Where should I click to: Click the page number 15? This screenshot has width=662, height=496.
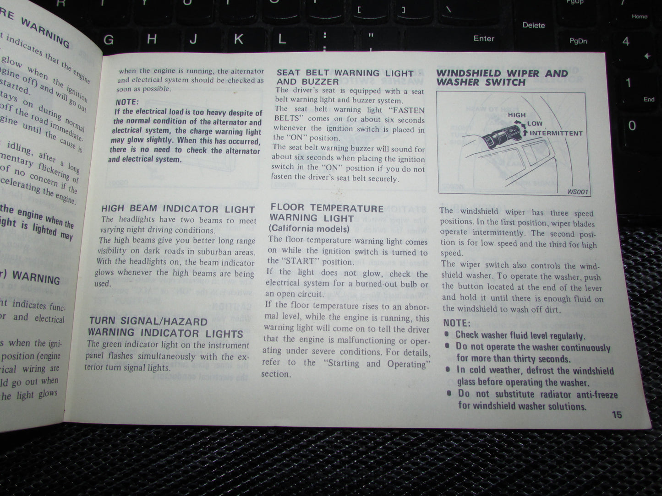pyautogui.click(x=617, y=415)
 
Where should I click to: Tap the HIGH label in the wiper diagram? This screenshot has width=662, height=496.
pyautogui.click(x=516, y=115)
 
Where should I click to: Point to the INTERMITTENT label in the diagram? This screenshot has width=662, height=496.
pyautogui.click(x=556, y=133)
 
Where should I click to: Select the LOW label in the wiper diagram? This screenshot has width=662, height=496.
pyautogui.click(x=534, y=124)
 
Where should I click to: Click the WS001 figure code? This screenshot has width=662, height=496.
pyautogui.click(x=577, y=192)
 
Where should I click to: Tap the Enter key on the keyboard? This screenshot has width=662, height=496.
pyautogui.click(x=484, y=38)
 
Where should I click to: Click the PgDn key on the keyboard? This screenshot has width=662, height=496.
pyautogui.click(x=578, y=41)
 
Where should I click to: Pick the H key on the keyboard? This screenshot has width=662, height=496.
pyautogui.click(x=152, y=39)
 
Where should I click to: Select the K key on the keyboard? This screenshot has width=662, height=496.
pyautogui.click(x=238, y=39)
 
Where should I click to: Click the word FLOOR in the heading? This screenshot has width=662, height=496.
pyautogui.click(x=288, y=208)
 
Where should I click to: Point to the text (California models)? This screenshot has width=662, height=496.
pyautogui.click(x=309, y=228)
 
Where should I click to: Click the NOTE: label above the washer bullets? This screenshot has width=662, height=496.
pyautogui.click(x=457, y=323)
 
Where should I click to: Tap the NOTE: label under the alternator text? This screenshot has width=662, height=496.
pyautogui.click(x=127, y=102)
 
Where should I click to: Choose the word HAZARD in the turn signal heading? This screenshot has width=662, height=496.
pyautogui.click(x=186, y=322)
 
